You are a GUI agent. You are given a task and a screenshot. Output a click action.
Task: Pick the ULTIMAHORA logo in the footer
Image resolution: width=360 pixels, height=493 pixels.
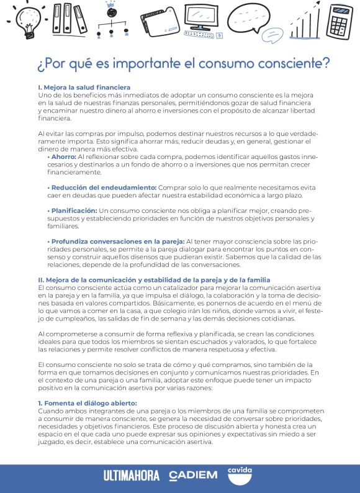tap(131, 476)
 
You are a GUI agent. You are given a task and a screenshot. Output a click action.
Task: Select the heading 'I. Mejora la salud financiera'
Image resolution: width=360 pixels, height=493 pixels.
tap(84, 88)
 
